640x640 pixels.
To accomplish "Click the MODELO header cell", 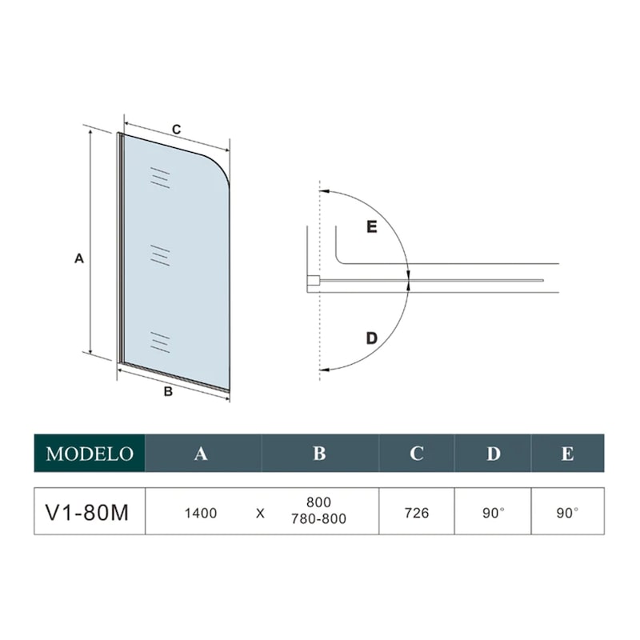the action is click(90, 453).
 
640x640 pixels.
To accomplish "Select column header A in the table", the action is click(201, 454).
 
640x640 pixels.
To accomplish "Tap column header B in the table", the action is click(319, 454).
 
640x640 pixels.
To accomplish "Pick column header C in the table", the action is click(416, 454).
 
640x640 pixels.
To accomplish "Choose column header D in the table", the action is click(493, 454).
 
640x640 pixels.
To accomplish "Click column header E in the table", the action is click(567, 454).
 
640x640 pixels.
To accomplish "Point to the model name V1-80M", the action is click(87, 513).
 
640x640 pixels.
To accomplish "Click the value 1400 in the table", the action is click(201, 513).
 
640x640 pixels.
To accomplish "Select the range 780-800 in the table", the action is click(318, 518).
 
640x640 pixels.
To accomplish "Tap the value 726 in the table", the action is click(417, 513).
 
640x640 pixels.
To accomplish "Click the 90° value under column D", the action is click(494, 513).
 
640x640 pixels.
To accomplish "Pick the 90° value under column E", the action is click(567, 513).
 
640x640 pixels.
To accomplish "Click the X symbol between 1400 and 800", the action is click(260, 514).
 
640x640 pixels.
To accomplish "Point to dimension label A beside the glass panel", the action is click(79, 258).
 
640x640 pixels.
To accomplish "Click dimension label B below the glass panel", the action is click(168, 392).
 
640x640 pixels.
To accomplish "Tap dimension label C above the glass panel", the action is click(176, 130).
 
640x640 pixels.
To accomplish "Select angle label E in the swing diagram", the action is click(372, 226).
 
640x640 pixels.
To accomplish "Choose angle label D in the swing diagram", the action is click(372, 338).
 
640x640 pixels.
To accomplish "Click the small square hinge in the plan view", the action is click(314, 281).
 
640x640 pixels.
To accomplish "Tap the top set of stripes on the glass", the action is click(160, 178).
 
